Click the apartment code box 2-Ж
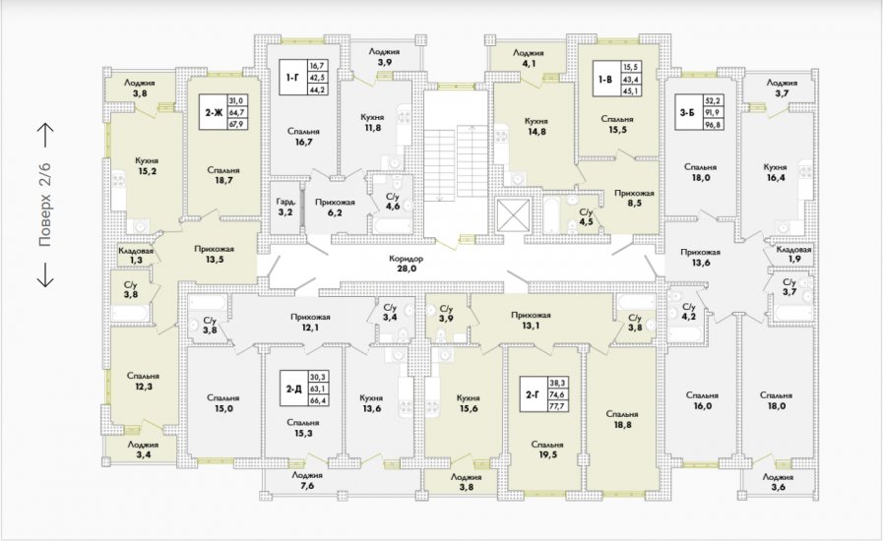pos(223,112)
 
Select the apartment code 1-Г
pos(292,77)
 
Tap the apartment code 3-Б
pos(687,112)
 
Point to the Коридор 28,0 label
pos(406,264)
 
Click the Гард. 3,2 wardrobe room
pos(285,207)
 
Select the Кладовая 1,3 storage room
pos(136,255)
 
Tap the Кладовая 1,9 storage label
pos(794,255)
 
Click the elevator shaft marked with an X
pos(513,215)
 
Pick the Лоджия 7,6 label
pos(307,480)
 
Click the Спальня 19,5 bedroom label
pos(547,450)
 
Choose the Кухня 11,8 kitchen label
pos(372,122)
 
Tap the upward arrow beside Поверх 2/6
pos(45,135)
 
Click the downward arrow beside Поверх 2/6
pos(45,273)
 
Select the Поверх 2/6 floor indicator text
pos(45,205)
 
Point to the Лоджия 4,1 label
pos(529,58)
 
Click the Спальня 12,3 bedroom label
pos(143,381)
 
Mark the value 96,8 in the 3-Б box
pos(713,124)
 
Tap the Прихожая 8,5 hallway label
pos(634,198)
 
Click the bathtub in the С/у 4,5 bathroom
pos(551,215)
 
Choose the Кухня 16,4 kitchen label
pos(775,172)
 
